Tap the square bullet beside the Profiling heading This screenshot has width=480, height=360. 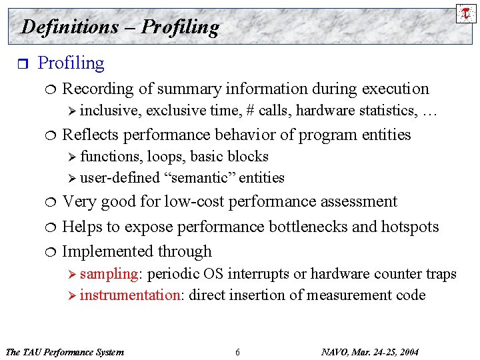point(23,64)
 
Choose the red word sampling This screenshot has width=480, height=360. point(109,274)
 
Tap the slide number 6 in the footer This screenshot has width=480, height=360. point(237,352)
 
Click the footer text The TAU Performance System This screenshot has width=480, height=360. point(64,352)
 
